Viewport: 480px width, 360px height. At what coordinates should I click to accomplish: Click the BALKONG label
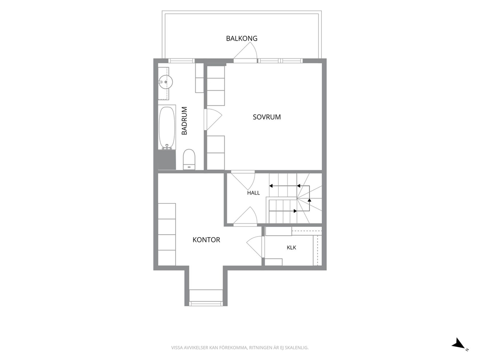(241, 39)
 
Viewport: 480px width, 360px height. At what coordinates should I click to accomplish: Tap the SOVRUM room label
(267, 117)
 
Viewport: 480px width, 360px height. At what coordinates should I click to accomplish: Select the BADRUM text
(184, 120)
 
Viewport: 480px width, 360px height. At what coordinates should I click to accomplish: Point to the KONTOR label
(206, 240)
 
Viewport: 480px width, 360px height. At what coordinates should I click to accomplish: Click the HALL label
(254, 193)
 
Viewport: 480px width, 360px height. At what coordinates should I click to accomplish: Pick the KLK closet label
(291, 247)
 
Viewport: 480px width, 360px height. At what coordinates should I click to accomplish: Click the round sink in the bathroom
(165, 82)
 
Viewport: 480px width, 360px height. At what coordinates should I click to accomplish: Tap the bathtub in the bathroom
(167, 127)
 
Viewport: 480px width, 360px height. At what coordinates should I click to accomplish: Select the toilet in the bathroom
(189, 159)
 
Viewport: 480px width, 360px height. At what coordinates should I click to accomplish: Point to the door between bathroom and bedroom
(213, 120)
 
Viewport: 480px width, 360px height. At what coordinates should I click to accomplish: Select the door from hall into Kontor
(245, 216)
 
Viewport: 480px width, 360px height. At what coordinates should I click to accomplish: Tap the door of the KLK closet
(255, 247)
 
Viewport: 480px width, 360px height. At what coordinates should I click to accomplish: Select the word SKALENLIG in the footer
(297, 348)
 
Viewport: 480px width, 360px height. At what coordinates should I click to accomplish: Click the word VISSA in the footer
(177, 348)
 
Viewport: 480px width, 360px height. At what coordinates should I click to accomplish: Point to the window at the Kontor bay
(206, 303)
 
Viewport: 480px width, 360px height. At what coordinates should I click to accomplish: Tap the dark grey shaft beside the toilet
(167, 160)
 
